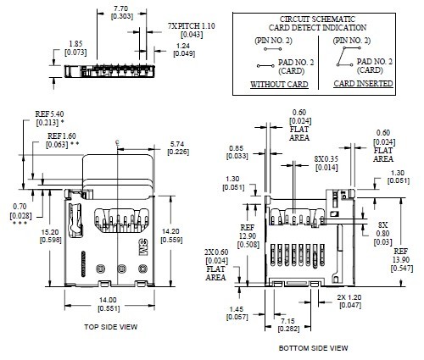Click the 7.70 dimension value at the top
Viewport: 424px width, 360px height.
click(120, 8)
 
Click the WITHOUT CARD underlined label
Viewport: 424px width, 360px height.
click(274, 86)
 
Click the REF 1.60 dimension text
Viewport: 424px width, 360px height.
click(63, 136)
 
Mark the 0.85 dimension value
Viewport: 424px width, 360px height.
click(238, 152)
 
